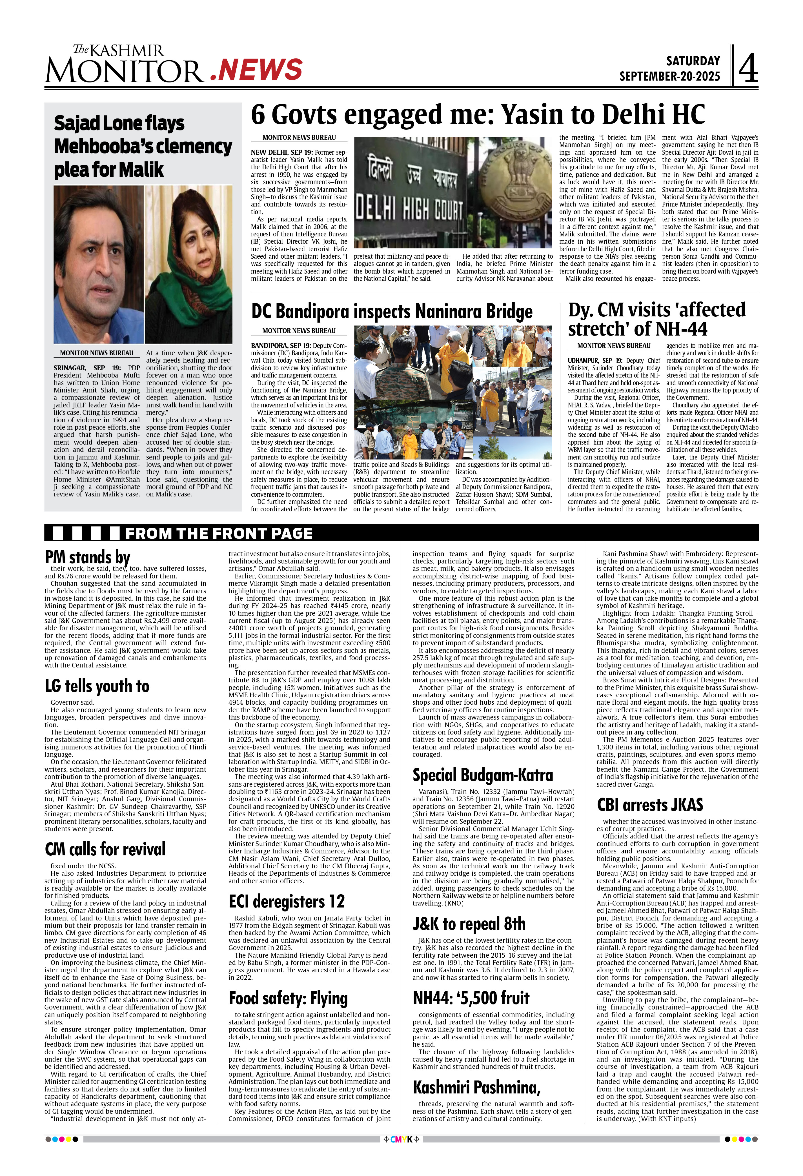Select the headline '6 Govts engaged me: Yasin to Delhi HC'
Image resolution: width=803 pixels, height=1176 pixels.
click(x=478, y=115)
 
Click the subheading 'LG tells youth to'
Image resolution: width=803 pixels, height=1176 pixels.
click(x=97, y=686)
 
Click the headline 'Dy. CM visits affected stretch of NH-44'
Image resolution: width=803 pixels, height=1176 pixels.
click(x=656, y=319)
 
